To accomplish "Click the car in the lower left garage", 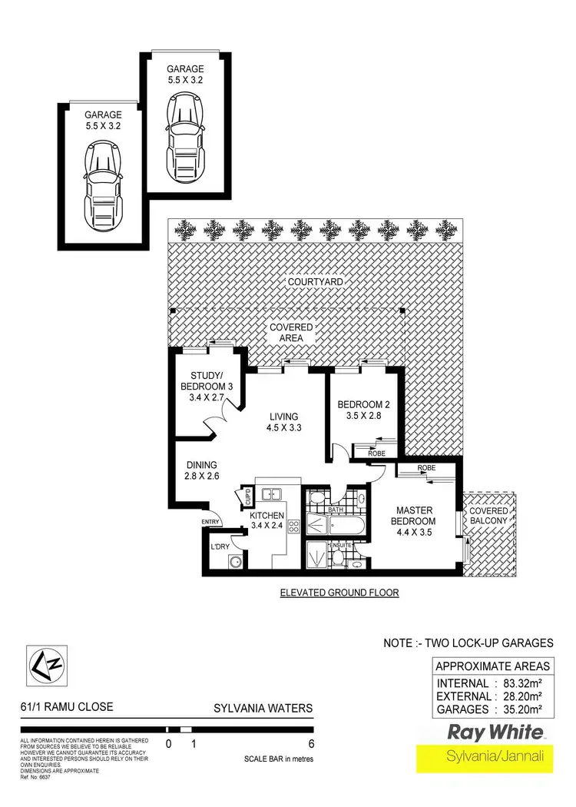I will pyautogui.click(x=104, y=188).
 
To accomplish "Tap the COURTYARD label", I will pyautogui.click(x=315, y=282).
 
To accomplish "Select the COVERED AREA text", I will pyautogui.click(x=291, y=332).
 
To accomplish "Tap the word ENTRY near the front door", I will pyautogui.click(x=210, y=523).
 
